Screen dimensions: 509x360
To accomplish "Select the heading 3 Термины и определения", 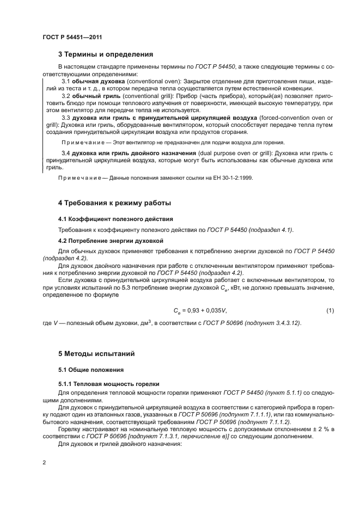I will point(105,54).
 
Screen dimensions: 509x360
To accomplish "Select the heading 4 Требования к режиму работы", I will point(114,203).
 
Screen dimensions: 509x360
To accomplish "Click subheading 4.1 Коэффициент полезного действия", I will point(115,219).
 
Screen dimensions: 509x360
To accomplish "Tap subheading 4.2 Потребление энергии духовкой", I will point(112,240).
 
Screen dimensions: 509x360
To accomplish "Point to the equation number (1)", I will point(330,310).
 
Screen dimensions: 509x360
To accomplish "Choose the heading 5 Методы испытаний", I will point(97,354).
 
